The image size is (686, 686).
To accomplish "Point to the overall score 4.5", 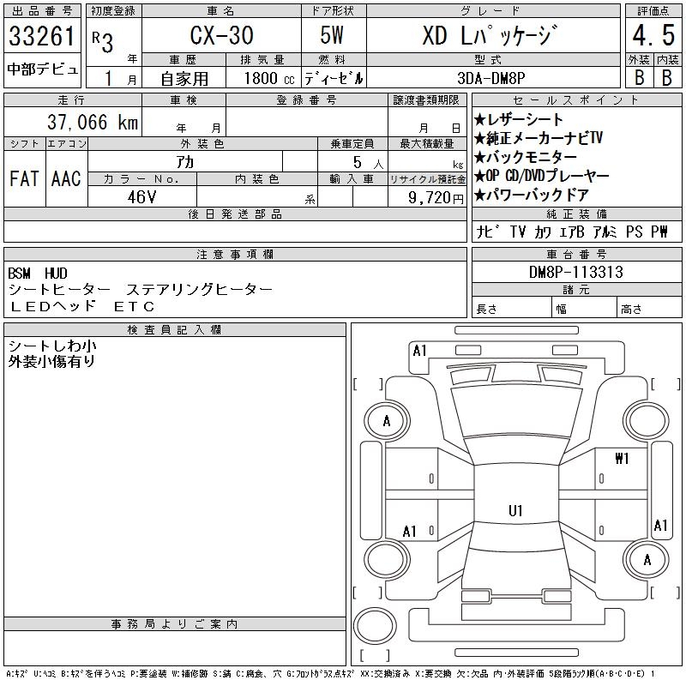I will coord(651,37).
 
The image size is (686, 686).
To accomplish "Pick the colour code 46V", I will coord(141,196).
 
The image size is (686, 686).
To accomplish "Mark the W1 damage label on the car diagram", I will coord(622,458).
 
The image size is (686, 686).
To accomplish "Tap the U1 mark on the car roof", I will coord(515,511).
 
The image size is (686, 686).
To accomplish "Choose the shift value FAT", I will coord(24,179).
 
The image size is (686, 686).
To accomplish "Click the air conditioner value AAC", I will coord(66,179).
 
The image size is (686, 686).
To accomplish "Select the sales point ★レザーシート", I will coord(519,119).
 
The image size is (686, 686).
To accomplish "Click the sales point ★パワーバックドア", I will coord(532,195).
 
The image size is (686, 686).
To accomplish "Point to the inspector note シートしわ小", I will coord(52,345).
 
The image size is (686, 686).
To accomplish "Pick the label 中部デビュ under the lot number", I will coord(42,69).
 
